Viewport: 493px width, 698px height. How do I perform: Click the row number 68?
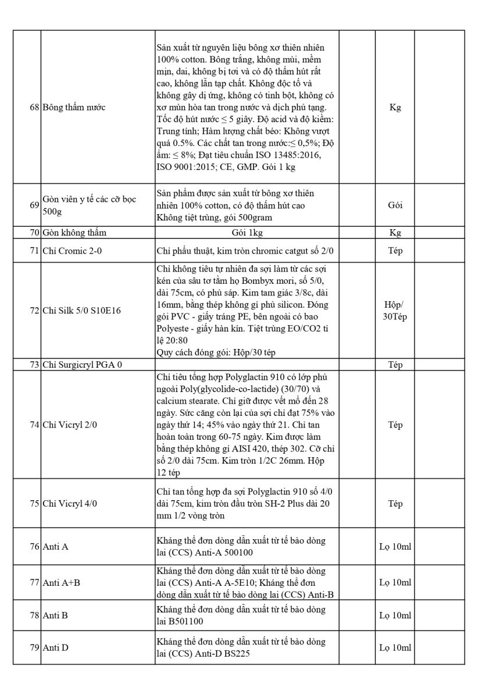click(34, 108)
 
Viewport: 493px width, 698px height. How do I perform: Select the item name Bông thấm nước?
click(74, 108)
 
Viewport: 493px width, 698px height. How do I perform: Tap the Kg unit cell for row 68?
click(395, 108)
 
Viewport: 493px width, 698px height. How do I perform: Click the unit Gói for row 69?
click(395, 205)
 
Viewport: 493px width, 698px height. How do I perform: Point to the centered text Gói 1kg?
click(246, 233)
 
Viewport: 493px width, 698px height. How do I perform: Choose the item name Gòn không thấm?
click(74, 233)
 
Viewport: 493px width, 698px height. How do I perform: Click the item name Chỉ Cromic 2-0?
click(70, 251)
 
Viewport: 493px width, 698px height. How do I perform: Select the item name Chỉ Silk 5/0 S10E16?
click(83, 310)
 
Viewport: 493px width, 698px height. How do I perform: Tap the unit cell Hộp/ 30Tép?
click(395, 310)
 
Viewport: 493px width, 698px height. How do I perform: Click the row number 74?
click(34, 425)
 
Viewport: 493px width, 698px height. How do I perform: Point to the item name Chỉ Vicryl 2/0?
click(70, 425)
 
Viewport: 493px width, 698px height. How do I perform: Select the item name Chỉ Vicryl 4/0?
click(70, 504)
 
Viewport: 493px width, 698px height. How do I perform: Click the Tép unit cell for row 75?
click(395, 504)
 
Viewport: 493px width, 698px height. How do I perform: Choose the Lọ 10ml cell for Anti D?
click(395, 647)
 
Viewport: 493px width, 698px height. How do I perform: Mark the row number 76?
click(34, 547)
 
